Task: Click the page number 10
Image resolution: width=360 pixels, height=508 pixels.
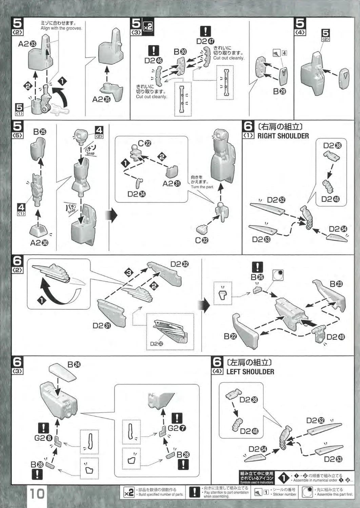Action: (37, 493)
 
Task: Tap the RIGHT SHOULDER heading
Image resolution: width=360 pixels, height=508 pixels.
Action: (283, 136)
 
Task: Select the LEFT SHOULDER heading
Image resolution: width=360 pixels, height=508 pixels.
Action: (250, 372)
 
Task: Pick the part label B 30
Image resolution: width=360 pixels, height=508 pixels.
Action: (180, 52)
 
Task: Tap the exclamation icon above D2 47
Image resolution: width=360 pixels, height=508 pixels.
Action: (205, 32)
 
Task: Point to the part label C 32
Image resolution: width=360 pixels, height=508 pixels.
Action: (202, 240)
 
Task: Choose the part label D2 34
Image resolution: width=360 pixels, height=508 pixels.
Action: (137, 194)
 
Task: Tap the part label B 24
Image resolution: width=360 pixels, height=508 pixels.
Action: (74, 365)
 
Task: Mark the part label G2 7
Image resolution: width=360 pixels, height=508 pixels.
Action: (177, 428)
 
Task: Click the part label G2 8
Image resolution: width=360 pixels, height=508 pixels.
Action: (43, 438)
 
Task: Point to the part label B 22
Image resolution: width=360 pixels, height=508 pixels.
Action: (231, 336)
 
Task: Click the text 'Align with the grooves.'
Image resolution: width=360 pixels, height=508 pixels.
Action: (61, 28)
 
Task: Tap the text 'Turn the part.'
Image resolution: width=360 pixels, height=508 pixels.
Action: (202, 187)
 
